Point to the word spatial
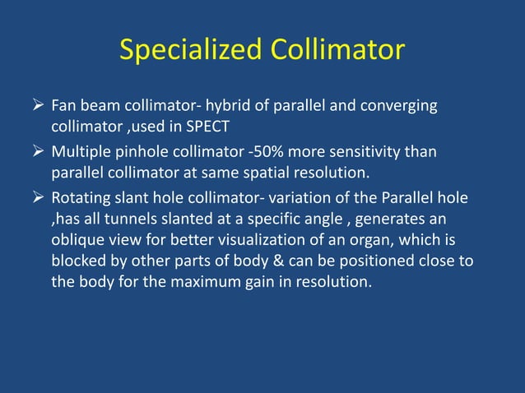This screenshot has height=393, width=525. [x=287, y=174]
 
